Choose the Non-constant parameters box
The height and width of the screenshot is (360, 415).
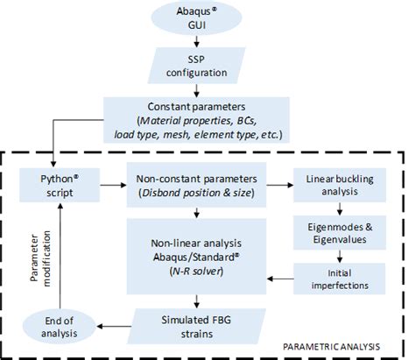[x=202, y=186]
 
